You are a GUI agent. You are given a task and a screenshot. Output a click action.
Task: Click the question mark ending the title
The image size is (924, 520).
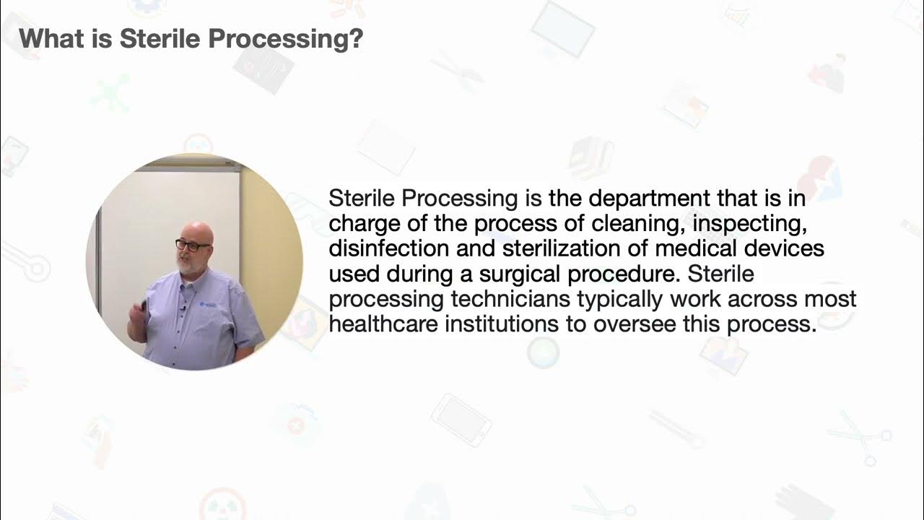pos(354,39)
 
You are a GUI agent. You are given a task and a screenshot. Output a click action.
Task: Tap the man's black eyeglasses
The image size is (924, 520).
pos(192,246)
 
